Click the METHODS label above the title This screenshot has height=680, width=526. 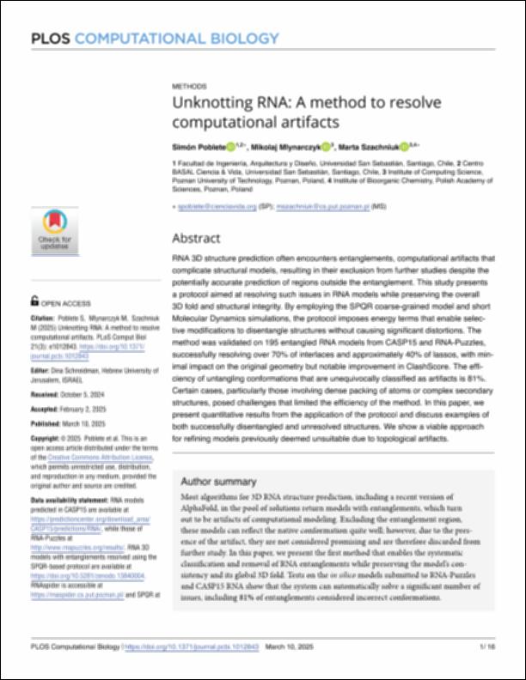click(x=189, y=88)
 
